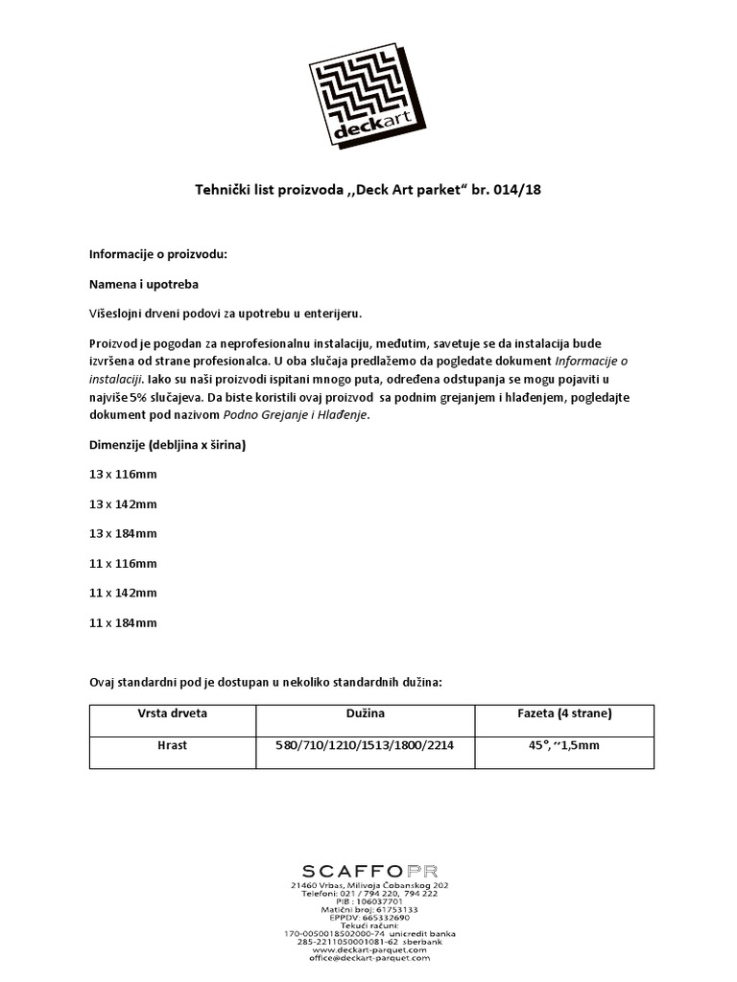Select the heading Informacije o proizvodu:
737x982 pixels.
(x=158, y=254)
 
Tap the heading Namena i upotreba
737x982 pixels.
(x=144, y=284)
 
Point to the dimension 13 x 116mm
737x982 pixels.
(x=123, y=475)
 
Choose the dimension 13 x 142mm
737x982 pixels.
(x=123, y=504)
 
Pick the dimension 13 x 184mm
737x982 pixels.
(x=123, y=533)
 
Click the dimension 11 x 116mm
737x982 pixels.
(x=123, y=563)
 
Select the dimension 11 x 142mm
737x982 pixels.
(x=123, y=593)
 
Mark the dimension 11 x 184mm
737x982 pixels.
(x=123, y=622)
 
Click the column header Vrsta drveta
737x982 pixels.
(x=173, y=714)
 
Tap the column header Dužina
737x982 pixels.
(x=366, y=714)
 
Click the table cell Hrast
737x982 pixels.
(x=173, y=745)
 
